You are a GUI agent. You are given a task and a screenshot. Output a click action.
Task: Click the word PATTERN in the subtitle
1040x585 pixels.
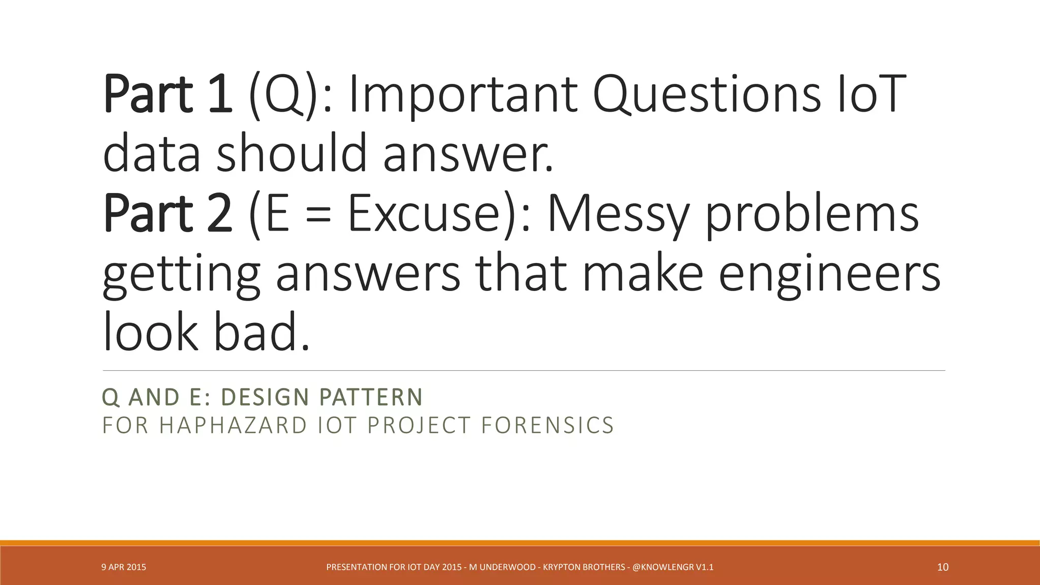pos(371,397)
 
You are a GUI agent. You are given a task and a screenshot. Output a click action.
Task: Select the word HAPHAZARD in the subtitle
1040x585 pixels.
pos(233,426)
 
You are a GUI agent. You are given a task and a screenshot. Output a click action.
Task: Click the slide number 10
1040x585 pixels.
pos(942,567)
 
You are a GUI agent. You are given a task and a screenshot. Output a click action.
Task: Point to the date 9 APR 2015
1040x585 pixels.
pos(124,567)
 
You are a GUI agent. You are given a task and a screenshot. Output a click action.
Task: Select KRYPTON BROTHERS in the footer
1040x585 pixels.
pos(584,567)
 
